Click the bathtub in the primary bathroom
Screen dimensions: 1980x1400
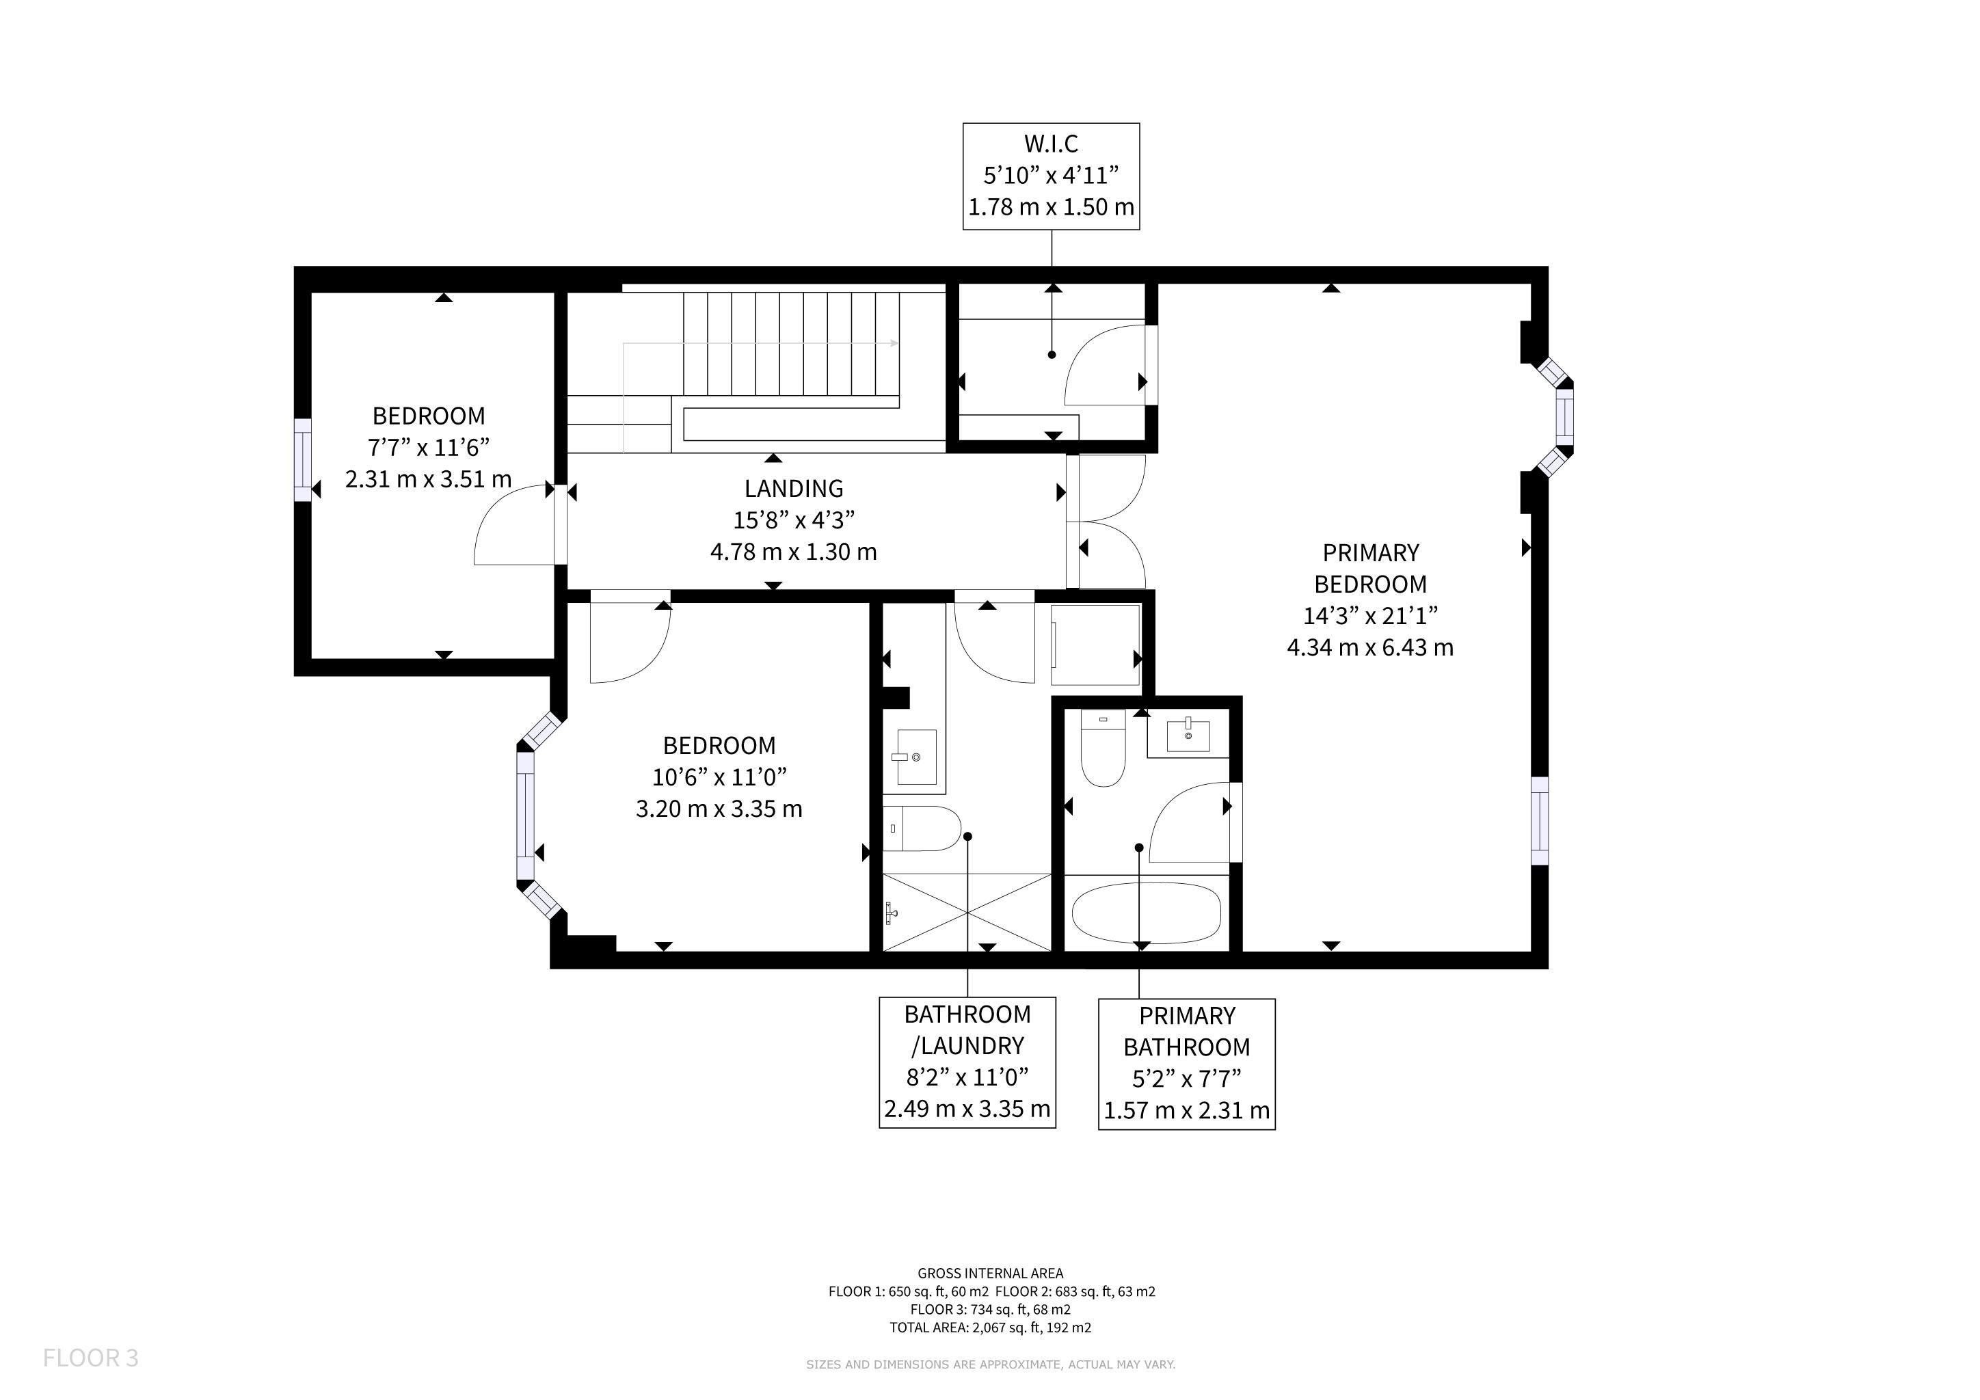pos(1146,913)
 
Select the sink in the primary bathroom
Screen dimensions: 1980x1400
pos(1188,736)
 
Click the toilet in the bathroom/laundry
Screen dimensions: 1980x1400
pos(922,829)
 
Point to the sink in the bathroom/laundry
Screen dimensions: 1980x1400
pos(917,757)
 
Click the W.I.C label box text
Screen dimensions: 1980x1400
pos(1052,176)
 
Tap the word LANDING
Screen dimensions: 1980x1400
pos(794,489)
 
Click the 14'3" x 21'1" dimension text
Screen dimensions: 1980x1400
pos(1370,615)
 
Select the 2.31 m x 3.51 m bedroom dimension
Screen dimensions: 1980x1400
pos(429,479)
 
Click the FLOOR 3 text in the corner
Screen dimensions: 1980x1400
pos(90,1358)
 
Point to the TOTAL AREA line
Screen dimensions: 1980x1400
pos(991,1328)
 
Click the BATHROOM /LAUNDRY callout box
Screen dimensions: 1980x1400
pos(967,1062)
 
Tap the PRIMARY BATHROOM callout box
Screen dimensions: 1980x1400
pos(1187,1064)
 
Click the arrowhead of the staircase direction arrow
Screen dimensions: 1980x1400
pos(894,343)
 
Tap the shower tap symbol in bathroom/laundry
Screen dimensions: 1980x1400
pos(891,912)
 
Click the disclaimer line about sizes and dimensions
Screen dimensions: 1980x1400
pos(991,1364)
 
